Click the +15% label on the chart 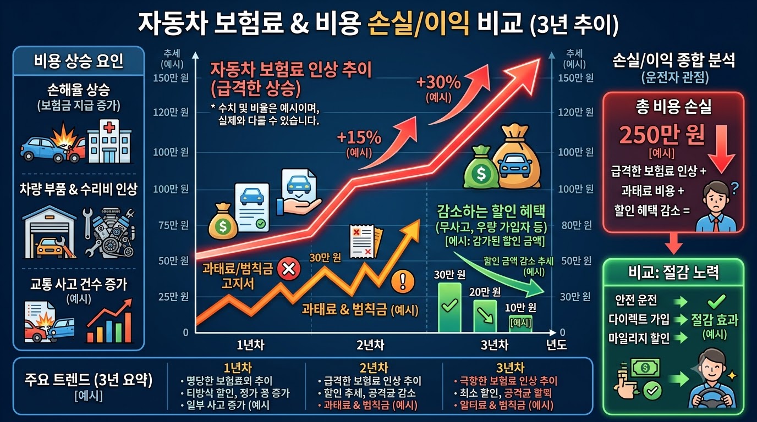point(359,137)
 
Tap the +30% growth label point(438,82)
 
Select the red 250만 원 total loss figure point(662,135)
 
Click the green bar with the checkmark point(449,307)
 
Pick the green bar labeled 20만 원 point(485,315)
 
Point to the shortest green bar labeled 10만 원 point(520,324)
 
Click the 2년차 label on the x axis point(370,345)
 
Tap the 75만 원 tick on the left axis point(174,225)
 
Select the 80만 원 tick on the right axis point(577,225)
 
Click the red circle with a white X point(289,269)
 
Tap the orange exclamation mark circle point(403,281)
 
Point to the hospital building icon point(109,141)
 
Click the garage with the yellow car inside point(50,232)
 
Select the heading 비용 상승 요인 point(79,61)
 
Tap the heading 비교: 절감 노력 point(673,272)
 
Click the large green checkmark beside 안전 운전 point(716,301)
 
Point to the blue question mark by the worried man point(734,188)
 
